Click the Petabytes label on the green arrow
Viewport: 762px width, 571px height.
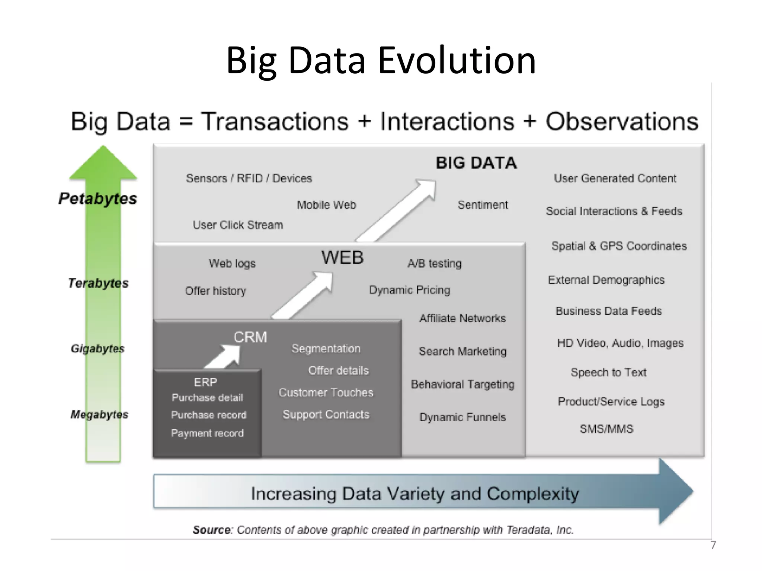click(x=97, y=199)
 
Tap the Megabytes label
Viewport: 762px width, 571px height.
click(x=99, y=414)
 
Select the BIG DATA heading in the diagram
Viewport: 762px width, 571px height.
click(x=476, y=163)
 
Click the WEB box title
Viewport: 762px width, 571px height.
click(x=342, y=258)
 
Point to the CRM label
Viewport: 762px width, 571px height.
click(x=250, y=337)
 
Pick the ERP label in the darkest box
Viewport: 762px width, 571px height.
click(x=205, y=382)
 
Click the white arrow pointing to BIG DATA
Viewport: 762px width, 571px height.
click(x=398, y=210)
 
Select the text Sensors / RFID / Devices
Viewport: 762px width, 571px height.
click(x=249, y=178)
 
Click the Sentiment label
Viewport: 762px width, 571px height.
click(x=482, y=205)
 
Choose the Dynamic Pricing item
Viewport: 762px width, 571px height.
click(x=409, y=290)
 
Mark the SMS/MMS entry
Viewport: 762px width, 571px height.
click(x=606, y=429)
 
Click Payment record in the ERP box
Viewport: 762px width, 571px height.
click(x=207, y=433)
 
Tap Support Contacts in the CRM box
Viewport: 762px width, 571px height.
click(x=326, y=414)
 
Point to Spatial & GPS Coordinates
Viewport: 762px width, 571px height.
click(x=619, y=246)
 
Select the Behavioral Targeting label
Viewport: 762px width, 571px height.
click(x=462, y=384)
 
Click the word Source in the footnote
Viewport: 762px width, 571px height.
click(x=211, y=530)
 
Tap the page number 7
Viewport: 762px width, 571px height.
click(x=713, y=545)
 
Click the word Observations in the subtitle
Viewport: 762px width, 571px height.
click(x=622, y=122)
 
